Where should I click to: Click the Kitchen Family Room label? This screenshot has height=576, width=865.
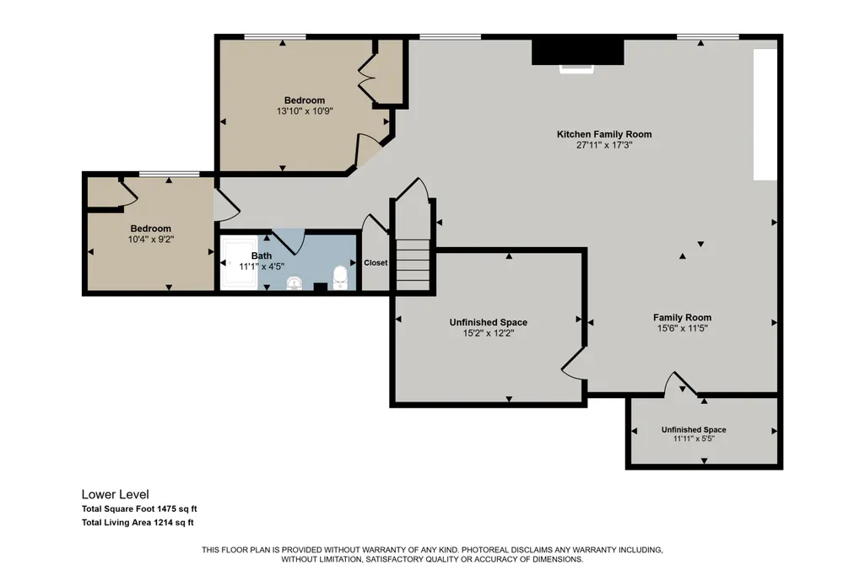click(604, 134)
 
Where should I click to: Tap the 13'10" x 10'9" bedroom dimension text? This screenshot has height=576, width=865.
click(305, 110)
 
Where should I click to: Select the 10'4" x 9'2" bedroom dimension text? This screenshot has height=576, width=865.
click(150, 240)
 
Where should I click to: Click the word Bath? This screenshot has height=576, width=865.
click(262, 256)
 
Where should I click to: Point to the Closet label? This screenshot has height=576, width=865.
click(376, 263)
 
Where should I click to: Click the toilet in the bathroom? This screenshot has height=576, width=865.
click(340, 277)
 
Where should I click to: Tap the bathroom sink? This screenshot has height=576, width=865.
click(295, 283)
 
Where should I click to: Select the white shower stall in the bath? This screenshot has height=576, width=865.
click(239, 263)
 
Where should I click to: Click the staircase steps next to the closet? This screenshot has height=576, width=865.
click(413, 264)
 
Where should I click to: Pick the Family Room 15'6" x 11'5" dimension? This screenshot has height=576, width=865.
click(683, 329)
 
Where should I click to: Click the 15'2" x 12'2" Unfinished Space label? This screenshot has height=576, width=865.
click(489, 328)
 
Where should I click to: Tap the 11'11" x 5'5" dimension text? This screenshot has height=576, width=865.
click(694, 439)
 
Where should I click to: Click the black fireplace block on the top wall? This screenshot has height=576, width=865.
click(577, 51)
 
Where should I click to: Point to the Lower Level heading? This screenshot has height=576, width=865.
click(116, 494)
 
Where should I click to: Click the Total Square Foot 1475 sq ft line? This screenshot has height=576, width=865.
click(139, 509)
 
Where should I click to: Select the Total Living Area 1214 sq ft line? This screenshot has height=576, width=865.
click(138, 523)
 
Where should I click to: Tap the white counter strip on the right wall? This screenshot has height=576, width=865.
click(765, 115)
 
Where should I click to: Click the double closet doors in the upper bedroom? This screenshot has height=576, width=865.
click(367, 78)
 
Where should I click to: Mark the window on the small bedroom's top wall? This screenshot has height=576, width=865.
click(169, 175)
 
